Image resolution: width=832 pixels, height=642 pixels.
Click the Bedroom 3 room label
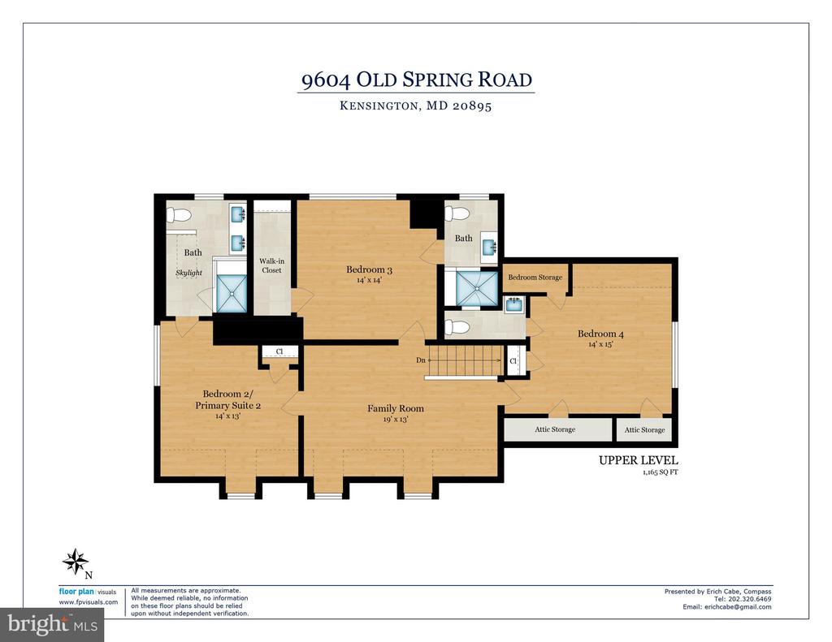pyautogui.click(x=369, y=269)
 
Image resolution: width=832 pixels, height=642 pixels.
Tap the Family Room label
pyautogui.click(x=396, y=408)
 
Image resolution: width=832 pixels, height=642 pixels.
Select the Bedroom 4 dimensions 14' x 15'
pyautogui.click(x=600, y=344)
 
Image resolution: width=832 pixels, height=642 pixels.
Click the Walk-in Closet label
pyautogui.click(x=271, y=265)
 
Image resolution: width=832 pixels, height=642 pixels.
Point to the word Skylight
pyautogui.click(x=188, y=273)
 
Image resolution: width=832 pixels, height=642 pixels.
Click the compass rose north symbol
pyautogui.click(x=76, y=562)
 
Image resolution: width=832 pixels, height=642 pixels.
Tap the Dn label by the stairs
pyautogui.click(x=421, y=360)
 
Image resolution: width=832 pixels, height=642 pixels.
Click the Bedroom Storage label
pyautogui.click(x=535, y=278)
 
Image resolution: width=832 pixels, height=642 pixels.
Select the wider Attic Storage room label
pyautogui.click(x=555, y=429)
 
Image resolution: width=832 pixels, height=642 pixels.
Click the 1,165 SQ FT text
pyautogui.click(x=660, y=472)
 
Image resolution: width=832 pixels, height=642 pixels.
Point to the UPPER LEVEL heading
pyautogui.click(x=639, y=460)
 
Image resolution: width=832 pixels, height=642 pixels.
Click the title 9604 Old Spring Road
pyautogui.click(x=417, y=80)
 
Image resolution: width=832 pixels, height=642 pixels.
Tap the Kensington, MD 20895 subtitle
pyautogui.click(x=415, y=106)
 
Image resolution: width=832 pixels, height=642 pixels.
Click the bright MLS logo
pyautogui.click(x=52, y=624)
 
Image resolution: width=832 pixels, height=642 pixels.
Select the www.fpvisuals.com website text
pyautogui.click(x=88, y=602)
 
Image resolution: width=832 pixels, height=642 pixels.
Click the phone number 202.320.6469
pyautogui.click(x=750, y=599)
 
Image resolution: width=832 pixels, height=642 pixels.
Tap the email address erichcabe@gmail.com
pyautogui.click(x=738, y=606)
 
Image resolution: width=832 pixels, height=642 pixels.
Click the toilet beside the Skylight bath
pyautogui.click(x=178, y=215)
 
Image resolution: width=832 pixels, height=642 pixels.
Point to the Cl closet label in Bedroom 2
pyautogui.click(x=279, y=351)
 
